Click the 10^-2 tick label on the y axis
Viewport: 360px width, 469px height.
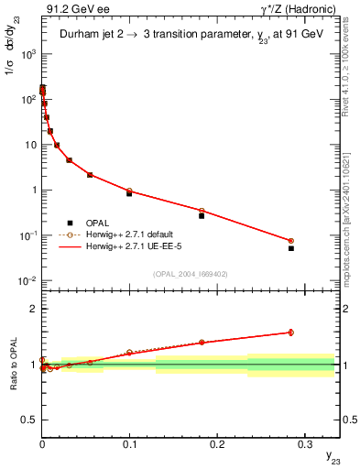pos(28,280)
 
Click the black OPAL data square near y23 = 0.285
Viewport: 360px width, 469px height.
pos(291,248)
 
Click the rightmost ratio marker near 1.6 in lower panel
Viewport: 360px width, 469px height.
pos(291,333)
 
